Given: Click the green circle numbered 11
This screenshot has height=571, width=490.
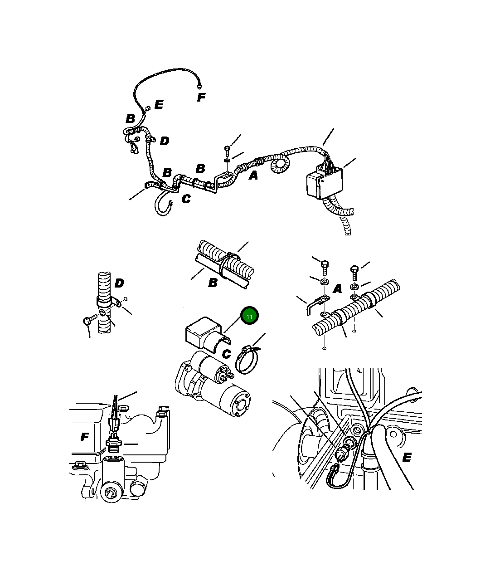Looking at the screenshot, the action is click(249, 316).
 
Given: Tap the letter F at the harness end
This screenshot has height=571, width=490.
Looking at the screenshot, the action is click(201, 97).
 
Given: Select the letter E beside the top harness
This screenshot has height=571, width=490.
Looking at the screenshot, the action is click(159, 105).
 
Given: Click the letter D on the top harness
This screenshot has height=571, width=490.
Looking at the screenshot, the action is click(165, 141).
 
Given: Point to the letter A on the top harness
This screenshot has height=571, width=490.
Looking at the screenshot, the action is click(253, 175).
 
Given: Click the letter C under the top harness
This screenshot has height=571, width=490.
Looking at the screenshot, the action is click(186, 199).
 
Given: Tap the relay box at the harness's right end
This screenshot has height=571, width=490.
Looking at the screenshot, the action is click(325, 181).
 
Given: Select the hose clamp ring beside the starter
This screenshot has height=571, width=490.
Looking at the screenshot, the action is click(247, 360).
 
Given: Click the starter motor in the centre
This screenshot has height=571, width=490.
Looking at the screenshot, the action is click(213, 384).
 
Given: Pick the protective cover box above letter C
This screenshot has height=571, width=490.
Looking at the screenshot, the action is click(207, 335).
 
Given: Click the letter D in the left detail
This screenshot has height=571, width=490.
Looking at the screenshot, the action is click(119, 283).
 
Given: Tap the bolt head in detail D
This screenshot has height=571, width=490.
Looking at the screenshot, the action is click(87, 321).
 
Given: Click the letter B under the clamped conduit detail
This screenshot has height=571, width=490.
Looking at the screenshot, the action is click(213, 283).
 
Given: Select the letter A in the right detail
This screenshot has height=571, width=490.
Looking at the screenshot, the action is click(337, 289).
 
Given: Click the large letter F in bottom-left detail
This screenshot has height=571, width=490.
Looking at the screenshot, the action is click(85, 437).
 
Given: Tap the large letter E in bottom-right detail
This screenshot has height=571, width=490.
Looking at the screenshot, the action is click(407, 457).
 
